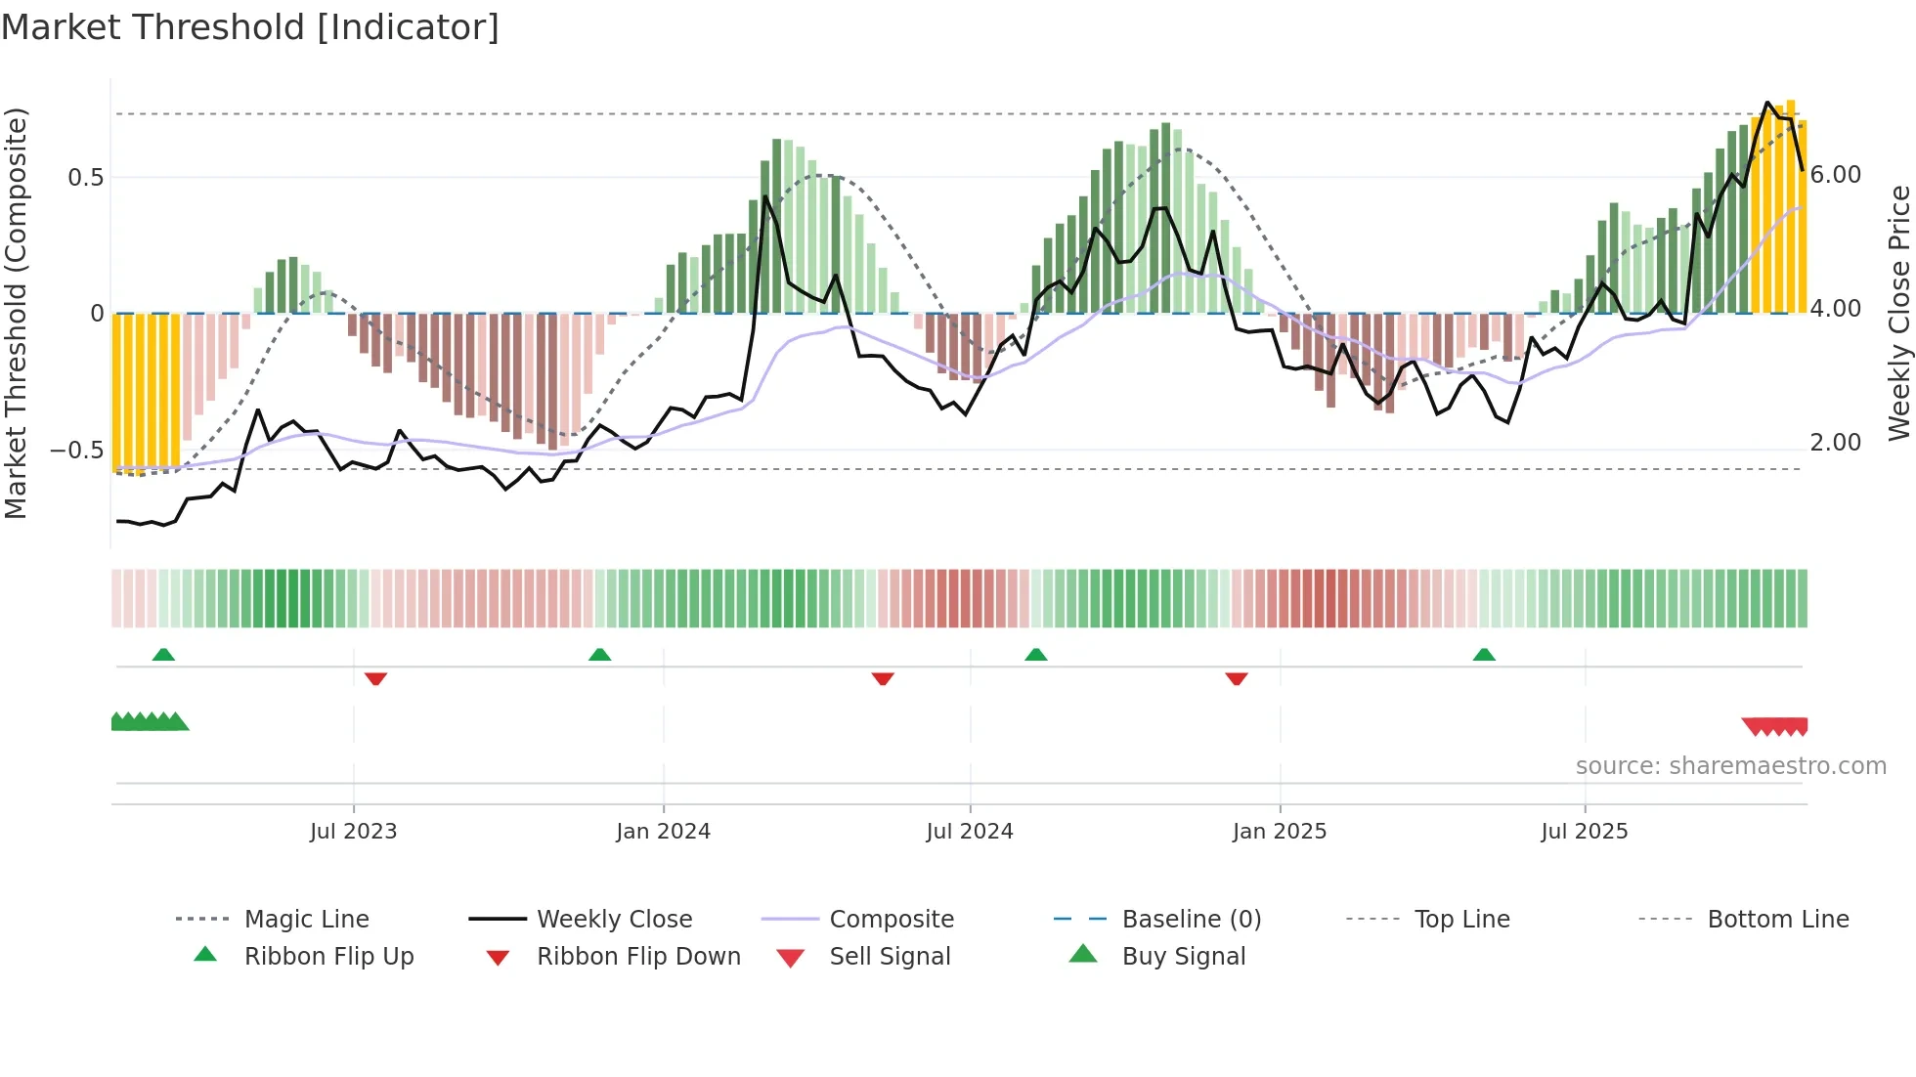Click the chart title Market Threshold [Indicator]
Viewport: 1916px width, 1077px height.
[x=250, y=27]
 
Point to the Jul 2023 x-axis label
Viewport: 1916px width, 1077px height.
[x=353, y=832]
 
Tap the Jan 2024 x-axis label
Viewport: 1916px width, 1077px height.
[x=663, y=832]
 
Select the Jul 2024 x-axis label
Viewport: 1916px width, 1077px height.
[x=969, y=832]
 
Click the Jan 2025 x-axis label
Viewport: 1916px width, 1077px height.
[x=1279, y=832]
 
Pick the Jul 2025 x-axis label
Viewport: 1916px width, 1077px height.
[x=1584, y=832]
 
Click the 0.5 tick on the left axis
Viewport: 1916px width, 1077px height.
[x=85, y=178]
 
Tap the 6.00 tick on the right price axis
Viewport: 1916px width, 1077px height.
[x=1835, y=175]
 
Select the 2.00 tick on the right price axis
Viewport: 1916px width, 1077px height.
[x=1835, y=443]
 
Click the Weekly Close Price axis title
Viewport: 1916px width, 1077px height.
[x=1898, y=313]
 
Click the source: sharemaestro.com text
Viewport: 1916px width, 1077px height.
[x=1730, y=766]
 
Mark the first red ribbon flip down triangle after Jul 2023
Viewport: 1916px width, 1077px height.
[x=375, y=678]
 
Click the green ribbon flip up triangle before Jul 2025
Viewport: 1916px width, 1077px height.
[x=1484, y=655]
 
